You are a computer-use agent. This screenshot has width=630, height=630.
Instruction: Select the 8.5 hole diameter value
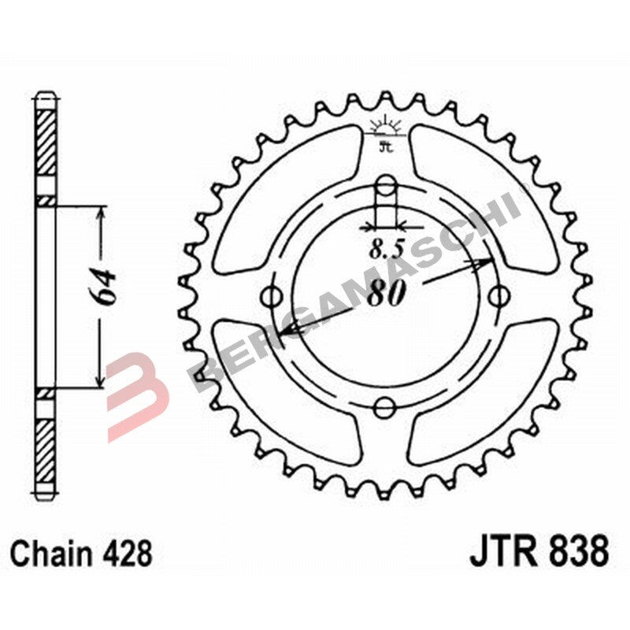(x=387, y=251)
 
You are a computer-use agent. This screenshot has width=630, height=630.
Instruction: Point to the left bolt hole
(x=273, y=297)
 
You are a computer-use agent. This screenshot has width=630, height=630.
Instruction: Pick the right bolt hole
(x=498, y=297)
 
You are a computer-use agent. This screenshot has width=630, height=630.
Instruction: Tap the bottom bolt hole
(x=385, y=407)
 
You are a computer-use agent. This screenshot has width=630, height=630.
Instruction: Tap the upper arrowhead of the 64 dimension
(x=100, y=213)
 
